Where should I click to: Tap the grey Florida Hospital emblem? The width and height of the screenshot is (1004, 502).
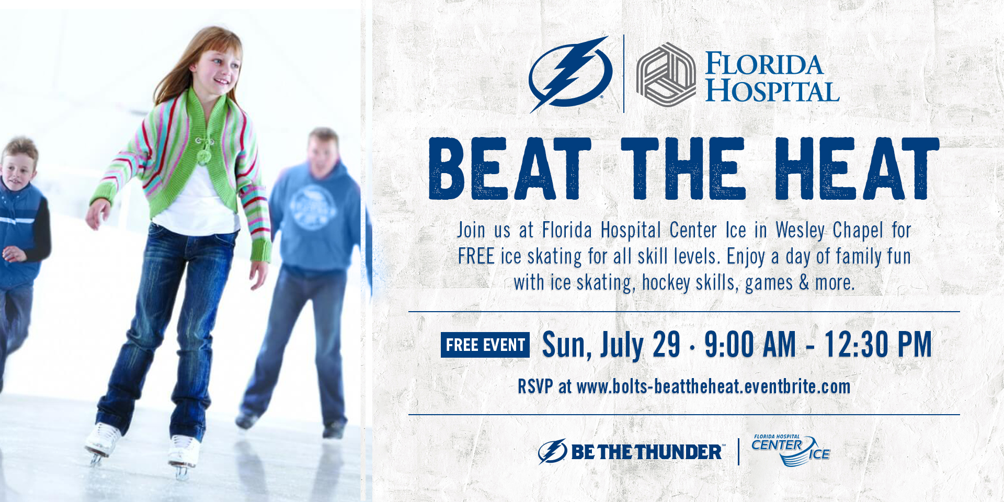[x=666, y=74]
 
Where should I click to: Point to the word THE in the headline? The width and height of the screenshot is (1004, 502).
[x=683, y=168]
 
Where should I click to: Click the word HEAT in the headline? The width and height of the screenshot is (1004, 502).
[x=857, y=168]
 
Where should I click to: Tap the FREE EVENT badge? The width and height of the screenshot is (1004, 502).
[x=485, y=345]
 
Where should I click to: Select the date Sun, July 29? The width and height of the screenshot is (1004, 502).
[x=611, y=345]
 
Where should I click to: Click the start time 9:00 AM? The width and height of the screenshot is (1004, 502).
[x=750, y=345]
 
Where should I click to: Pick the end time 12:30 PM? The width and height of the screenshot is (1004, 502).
[x=878, y=345]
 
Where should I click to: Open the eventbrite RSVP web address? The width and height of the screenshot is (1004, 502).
[x=713, y=387]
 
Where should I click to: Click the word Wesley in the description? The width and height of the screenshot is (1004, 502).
[x=800, y=231]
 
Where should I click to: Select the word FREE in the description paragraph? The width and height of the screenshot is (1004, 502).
[x=476, y=257]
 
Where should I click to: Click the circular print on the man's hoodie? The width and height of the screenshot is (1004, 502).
[x=313, y=207]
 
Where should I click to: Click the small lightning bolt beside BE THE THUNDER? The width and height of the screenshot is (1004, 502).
[x=553, y=451]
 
